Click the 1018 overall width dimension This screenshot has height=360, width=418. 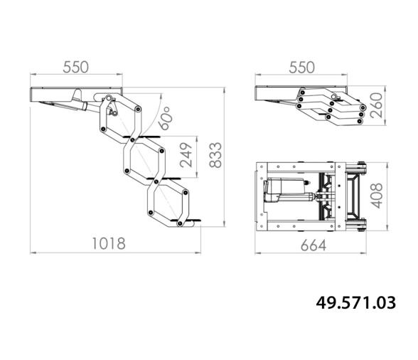[x=109, y=243]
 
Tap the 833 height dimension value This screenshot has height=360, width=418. [x=215, y=155]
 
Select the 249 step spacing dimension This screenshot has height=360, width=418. [x=186, y=155]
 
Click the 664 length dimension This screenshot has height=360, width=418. [x=313, y=245]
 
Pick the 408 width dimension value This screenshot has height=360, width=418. [x=377, y=196]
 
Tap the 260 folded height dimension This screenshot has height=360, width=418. [x=376, y=105]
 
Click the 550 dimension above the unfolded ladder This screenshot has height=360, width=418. [x=75, y=68]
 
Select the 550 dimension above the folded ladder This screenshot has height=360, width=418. [x=301, y=68]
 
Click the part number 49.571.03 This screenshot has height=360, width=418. [x=356, y=302]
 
